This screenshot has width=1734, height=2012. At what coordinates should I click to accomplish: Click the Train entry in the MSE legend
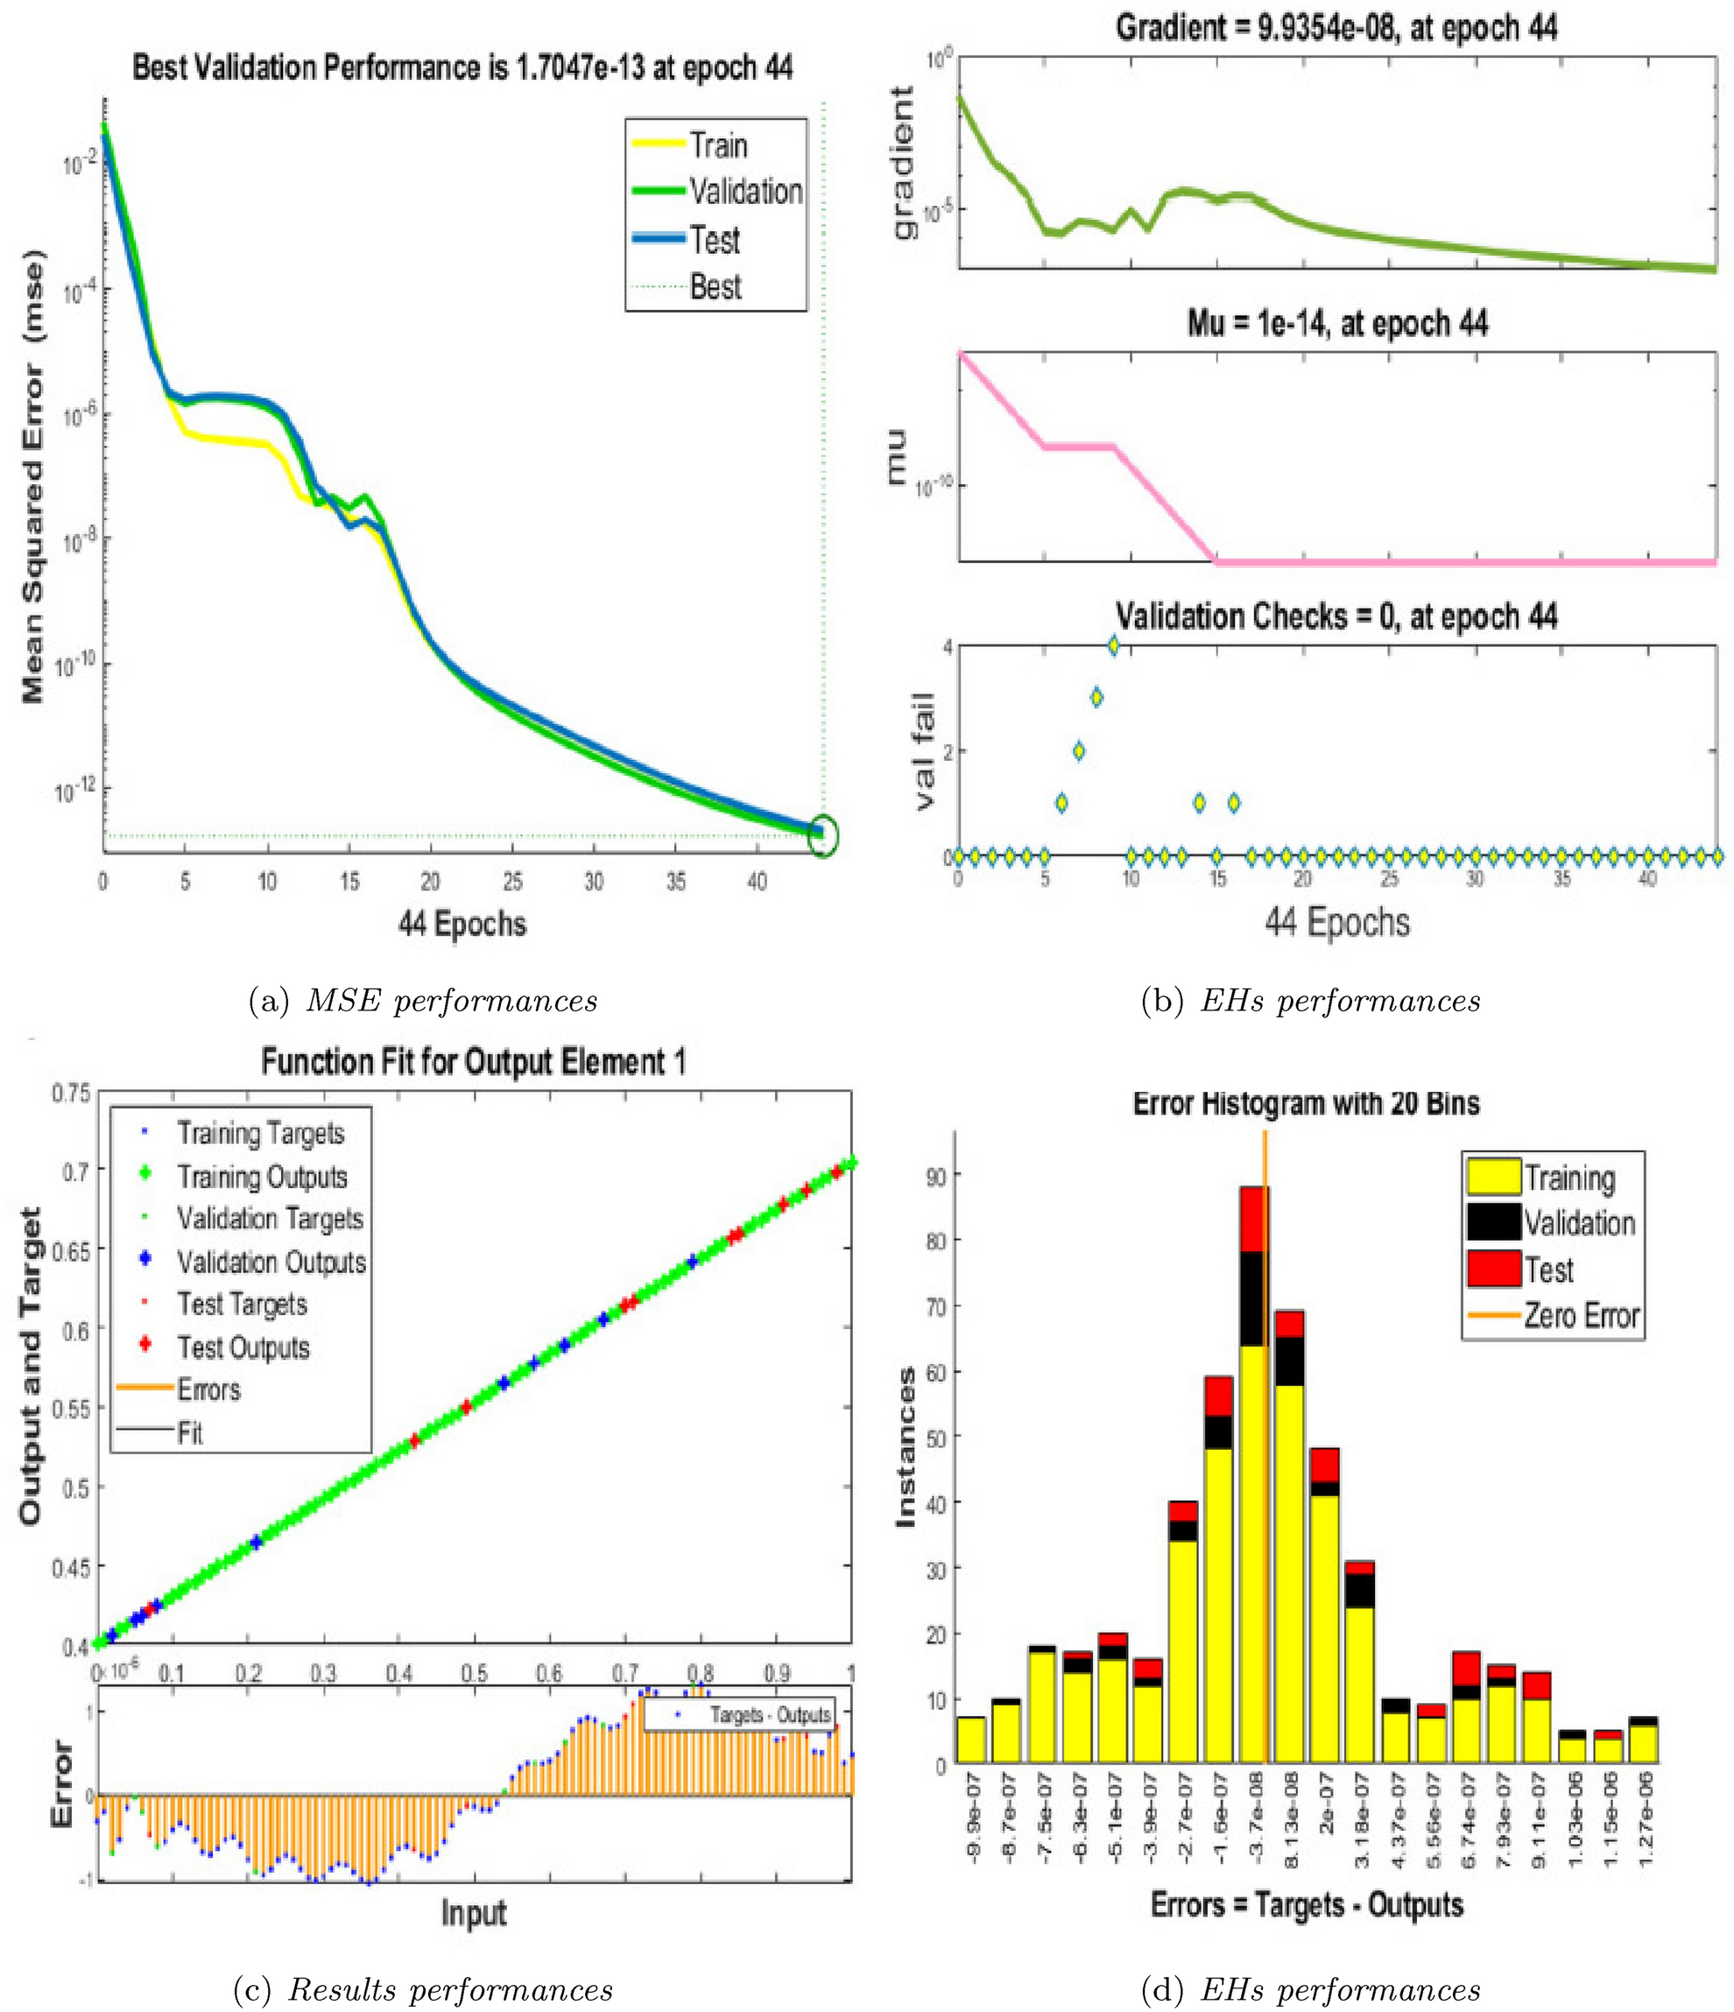tap(718, 146)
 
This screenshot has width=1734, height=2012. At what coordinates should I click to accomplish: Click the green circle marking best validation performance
tap(823, 835)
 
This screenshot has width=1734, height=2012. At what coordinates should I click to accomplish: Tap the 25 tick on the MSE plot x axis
tap(512, 882)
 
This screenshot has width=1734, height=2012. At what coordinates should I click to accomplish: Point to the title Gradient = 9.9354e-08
tap(1336, 28)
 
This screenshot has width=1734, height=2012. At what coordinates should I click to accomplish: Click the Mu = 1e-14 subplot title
tap(1336, 322)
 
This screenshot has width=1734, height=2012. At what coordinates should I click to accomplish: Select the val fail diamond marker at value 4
tap(1113, 644)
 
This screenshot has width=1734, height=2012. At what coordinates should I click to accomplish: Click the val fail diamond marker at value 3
tap(1096, 696)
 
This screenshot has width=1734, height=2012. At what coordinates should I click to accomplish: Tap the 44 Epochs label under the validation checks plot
tap(1336, 920)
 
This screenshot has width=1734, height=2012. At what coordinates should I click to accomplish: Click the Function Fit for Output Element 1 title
tap(473, 1062)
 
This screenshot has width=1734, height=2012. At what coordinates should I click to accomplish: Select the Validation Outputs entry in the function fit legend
tap(271, 1263)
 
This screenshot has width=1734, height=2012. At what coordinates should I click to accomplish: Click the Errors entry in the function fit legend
tap(208, 1389)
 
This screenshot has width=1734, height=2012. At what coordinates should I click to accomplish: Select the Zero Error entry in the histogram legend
tap(1581, 1316)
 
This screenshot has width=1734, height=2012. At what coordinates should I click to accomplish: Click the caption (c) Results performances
tap(424, 1982)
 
